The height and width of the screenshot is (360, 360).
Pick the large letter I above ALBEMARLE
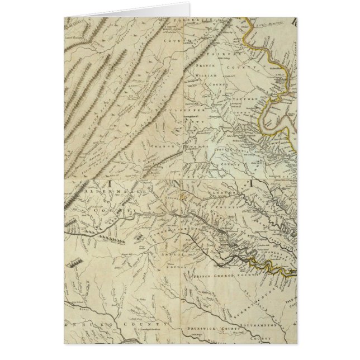click(x=110, y=182)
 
